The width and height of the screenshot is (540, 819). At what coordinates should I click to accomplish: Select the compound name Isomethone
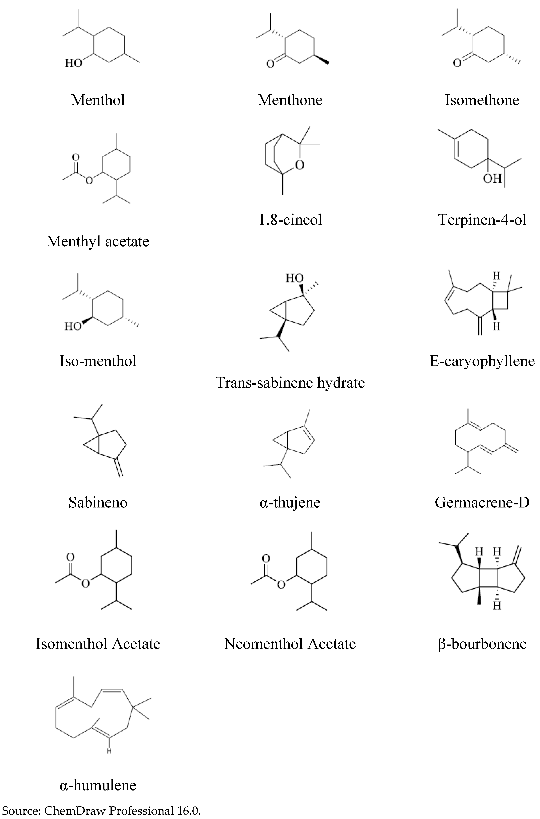tap(482, 100)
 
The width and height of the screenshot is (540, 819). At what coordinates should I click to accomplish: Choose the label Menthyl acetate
tap(98, 241)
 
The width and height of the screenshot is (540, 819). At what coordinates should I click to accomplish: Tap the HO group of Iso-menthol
tap(73, 326)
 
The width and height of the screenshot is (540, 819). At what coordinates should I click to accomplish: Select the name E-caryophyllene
tap(482, 361)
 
